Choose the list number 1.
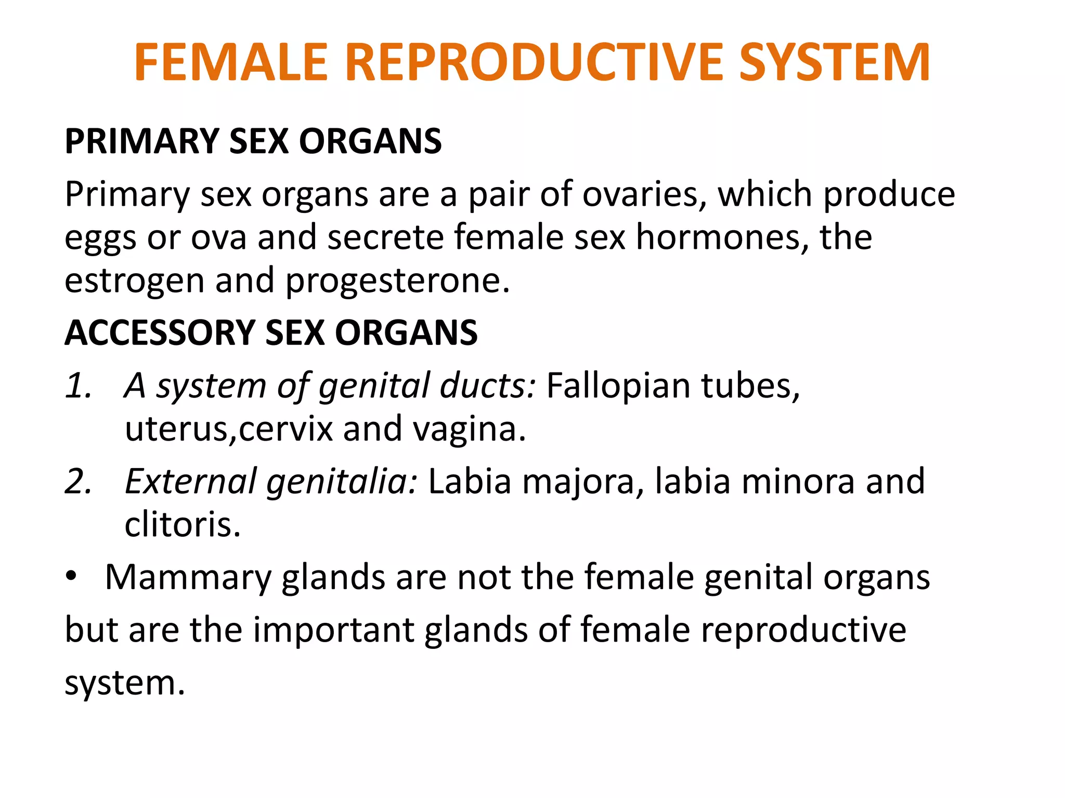pyautogui.click(x=78, y=386)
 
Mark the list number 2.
pyautogui.click(x=78, y=482)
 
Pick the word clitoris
pyautogui.click(x=182, y=525)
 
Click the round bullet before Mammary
pyautogui.click(x=71, y=576)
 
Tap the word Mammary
pyautogui.click(x=188, y=578)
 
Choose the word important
pyautogui.click(x=333, y=630)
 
